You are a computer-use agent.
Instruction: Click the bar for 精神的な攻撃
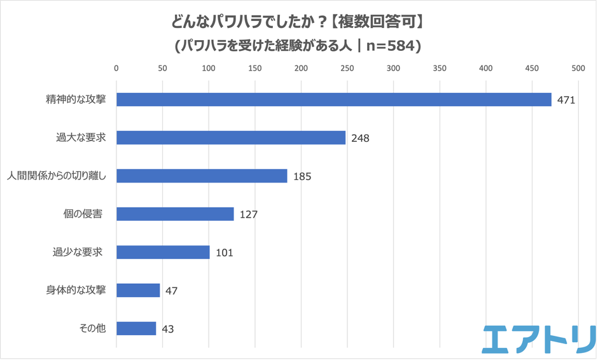tap(334, 100)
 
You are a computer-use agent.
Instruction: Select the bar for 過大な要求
tap(231, 138)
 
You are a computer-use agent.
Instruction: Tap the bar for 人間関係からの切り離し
tap(202, 176)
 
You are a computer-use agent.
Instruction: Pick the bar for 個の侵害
tap(175, 214)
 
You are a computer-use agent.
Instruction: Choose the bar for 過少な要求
tap(163, 253)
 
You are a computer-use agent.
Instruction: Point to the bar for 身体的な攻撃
tap(138, 291)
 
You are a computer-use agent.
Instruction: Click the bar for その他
tap(136, 329)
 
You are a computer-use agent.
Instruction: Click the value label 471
tap(566, 100)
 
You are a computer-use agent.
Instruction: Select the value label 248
tap(360, 139)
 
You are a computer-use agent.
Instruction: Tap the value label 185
tap(302, 177)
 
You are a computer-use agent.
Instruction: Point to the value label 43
tap(167, 329)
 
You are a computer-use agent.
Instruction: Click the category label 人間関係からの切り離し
tap(57, 176)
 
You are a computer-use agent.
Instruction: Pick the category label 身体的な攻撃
tap(76, 290)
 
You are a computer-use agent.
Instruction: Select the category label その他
tap(92, 328)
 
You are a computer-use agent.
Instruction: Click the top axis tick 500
tap(578, 69)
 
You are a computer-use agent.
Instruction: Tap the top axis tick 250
tap(347, 69)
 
